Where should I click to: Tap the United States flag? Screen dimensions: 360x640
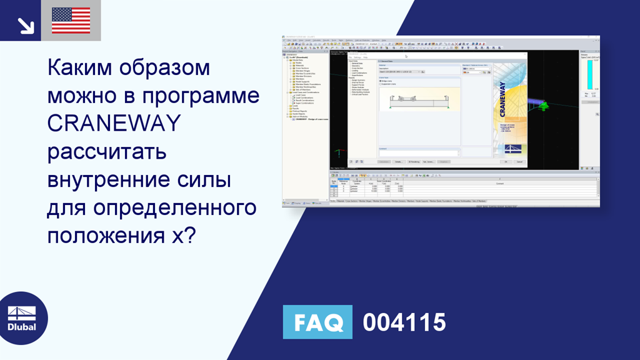(x=71, y=21)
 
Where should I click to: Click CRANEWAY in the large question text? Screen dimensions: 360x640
(x=113, y=123)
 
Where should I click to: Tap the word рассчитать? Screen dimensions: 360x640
(x=106, y=151)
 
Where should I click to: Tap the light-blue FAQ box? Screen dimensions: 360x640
(x=317, y=322)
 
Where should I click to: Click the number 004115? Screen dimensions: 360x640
(x=404, y=322)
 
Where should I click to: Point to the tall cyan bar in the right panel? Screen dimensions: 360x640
(x=589, y=74)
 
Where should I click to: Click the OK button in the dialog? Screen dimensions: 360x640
(x=505, y=161)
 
